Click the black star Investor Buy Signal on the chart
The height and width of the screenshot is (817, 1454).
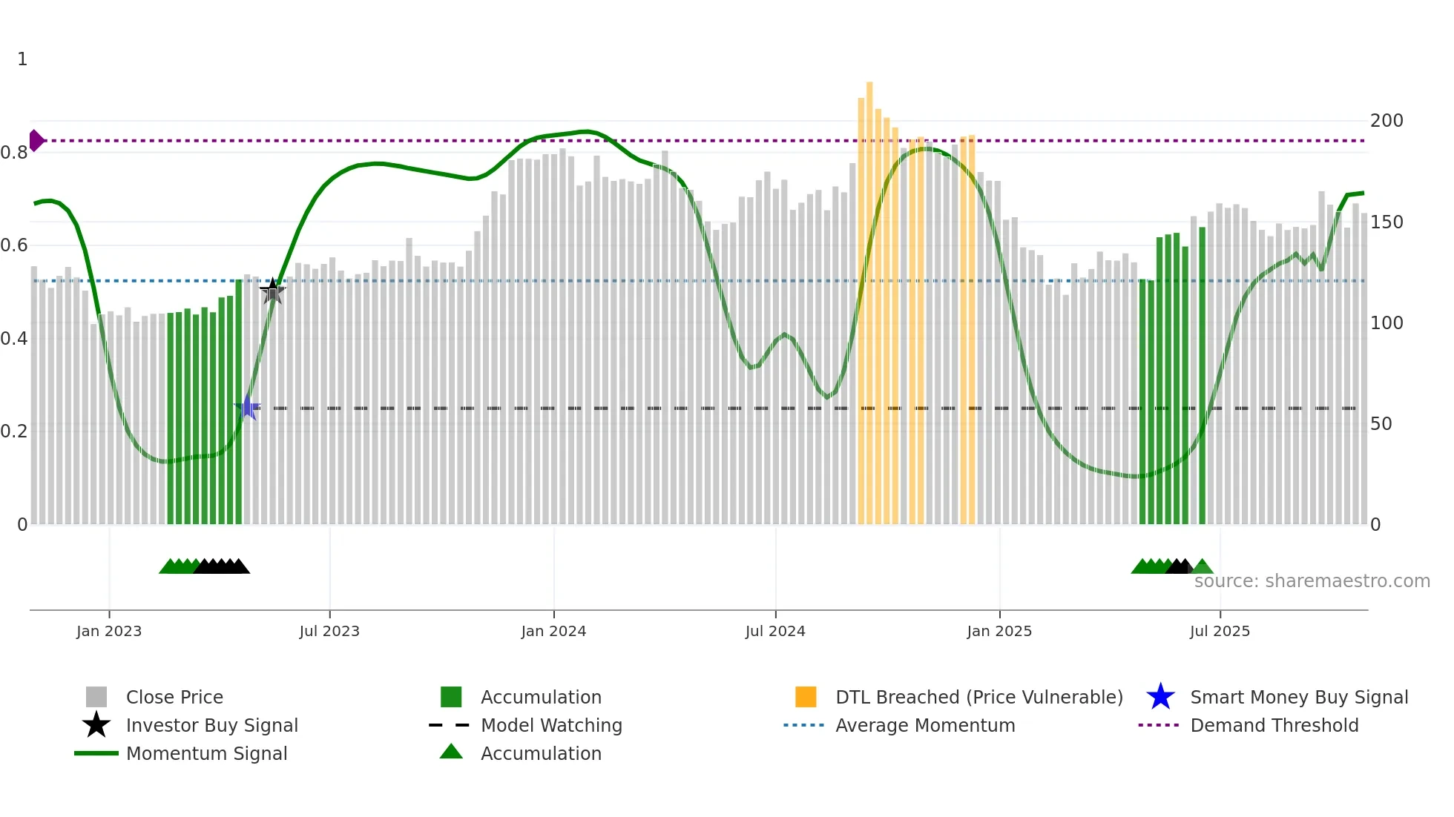point(272,291)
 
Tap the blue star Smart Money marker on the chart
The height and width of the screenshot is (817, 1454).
point(247,408)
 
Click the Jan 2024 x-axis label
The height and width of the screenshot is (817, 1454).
point(553,631)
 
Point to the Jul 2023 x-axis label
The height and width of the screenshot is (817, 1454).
point(329,631)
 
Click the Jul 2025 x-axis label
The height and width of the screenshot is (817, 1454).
point(1220,631)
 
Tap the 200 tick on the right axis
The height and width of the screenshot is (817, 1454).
point(1386,120)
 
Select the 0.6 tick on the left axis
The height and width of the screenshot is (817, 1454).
point(15,245)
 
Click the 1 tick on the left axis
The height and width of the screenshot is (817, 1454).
point(22,59)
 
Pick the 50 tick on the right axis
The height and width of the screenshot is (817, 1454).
point(1381,424)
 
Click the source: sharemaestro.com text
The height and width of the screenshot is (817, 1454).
point(1312,581)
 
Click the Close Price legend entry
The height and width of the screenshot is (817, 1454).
point(174,697)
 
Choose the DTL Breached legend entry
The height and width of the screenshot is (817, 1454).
point(978,697)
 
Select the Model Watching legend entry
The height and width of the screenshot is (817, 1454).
point(550,725)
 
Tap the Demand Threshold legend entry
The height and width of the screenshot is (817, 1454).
point(1274,725)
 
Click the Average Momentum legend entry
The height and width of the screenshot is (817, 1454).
point(924,725)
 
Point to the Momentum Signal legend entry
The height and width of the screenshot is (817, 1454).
point(206,753)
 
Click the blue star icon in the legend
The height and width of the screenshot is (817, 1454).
point(1160,697)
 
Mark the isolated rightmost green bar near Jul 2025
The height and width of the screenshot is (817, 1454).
point(1202,378)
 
